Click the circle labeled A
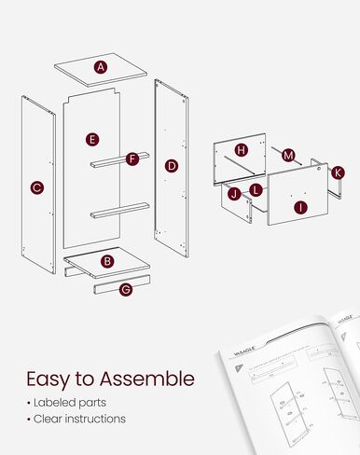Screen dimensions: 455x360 [x=101, y=67]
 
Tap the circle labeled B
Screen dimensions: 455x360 [x=107, y=262]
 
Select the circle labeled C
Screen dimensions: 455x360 [x=36, y=187]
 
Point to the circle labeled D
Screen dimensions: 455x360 [x=172, y=166]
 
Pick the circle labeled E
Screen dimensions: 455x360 [x=92, y=140]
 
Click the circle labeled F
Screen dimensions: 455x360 [x=132, y=159]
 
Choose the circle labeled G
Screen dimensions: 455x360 [x=126, y=289]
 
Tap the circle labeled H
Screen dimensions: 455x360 [x=242, y=150]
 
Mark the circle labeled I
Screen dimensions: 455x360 [x=300, y=207]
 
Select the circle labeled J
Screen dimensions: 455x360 [x=234, y=194]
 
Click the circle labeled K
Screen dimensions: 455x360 [x=338, y=172]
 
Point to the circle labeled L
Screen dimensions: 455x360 [x=256, y=190]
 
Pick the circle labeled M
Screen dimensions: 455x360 [x=288, y=155]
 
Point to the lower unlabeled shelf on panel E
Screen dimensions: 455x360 [x=119, y=211]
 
